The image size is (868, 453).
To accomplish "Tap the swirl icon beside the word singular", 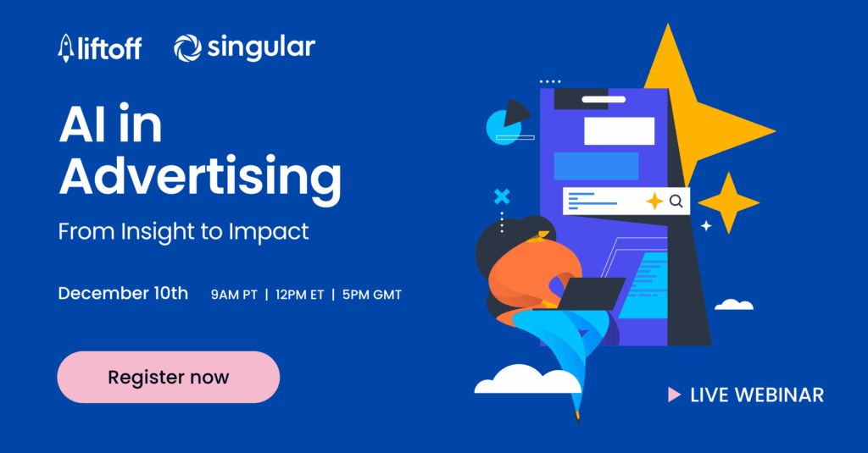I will tap(187, 48).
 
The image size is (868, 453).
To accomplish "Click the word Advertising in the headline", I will tap(200, 179).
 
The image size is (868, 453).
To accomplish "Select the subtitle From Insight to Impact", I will tap(184, 231).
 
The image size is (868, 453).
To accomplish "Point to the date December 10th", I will tap(123, 294).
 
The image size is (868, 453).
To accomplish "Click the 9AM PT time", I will tap(234, 295).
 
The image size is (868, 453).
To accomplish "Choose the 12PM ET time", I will tap(298, 295).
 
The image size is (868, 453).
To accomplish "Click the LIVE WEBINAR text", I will tap(757, 395).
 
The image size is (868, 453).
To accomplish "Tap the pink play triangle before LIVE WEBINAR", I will tap(674, 394).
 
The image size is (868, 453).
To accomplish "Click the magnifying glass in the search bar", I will tap(676, 202).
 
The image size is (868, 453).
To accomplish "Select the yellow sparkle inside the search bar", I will tap(654, 202).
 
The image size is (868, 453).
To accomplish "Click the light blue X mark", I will tap(502, 196).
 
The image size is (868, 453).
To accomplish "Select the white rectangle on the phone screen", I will tap(619, 131).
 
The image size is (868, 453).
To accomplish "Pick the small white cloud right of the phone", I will tap(734, 304).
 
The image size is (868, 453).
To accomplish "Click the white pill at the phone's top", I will tap(604, 99).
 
